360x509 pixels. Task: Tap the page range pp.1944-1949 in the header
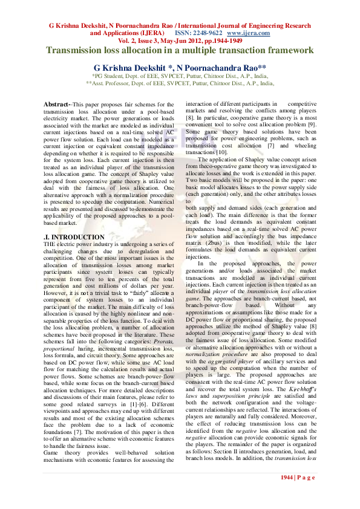[220, 41]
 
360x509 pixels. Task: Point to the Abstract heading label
[58, 105]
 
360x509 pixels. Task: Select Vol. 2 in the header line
[128, 41]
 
